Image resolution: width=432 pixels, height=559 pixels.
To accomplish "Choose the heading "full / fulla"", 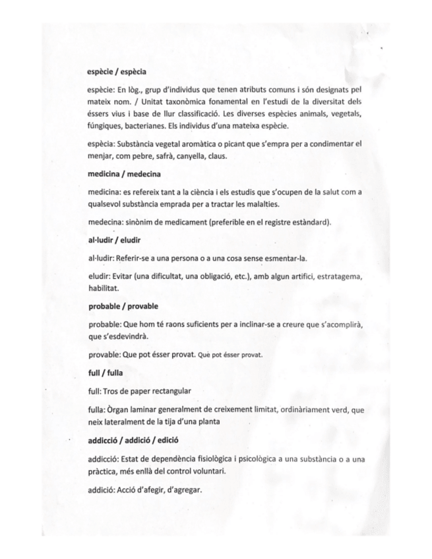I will (106, 372).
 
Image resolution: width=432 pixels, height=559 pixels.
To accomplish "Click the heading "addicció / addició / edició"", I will (138, 439).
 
